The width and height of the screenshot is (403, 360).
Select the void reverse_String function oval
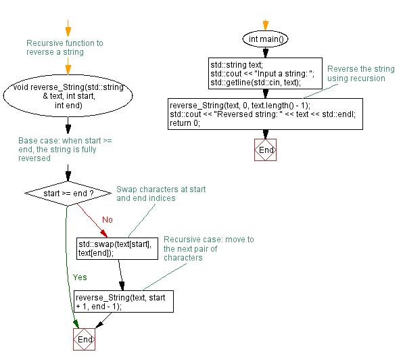(67, 96)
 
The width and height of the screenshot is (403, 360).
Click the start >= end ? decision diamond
(68, 194)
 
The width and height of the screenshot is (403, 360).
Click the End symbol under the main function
(266, 150)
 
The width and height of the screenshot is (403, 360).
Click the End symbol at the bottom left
(84, 339)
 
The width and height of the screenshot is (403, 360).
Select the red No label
(107, 220)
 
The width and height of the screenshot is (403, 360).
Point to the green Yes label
(79, 277)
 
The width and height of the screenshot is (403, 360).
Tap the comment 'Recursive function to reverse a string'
(65, 47)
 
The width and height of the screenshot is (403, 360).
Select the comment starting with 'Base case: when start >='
(65, 149)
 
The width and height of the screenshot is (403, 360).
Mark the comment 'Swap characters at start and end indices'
(161, 194)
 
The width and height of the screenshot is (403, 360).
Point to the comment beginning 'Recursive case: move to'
(208, 248)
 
